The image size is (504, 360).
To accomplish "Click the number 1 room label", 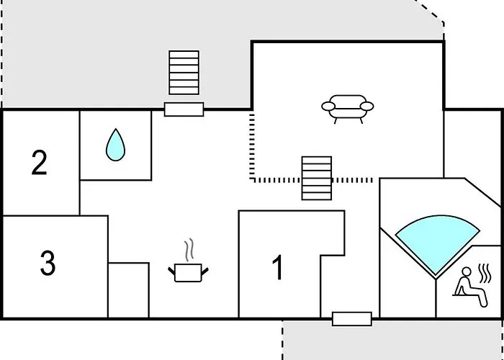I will pyautogui.click(x=277, y=268).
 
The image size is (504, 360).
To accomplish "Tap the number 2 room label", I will pyautogui.click(x=40, y=163).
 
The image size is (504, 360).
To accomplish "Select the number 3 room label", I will pyautogui.click(x=48, y=264).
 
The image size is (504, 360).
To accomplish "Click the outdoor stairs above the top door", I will pyautogui.click(x=183, y=72).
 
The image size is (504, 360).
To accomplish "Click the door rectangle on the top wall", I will pyautogui.click(x=184, y=109).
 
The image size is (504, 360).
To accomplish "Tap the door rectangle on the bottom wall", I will pyautogui.click(x=351, y=319).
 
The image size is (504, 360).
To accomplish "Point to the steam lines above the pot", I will pyautogui.click(x=189, y=250).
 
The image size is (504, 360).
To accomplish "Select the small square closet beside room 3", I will pyautogui.click(x=128, y=289).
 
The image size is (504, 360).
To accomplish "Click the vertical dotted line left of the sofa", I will pyautogui.click(x=251, y=144).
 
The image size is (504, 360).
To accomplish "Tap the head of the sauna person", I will pyautogui.click(x=465, y=272).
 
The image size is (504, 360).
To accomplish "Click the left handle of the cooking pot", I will pyautogui.click(x=171, y=270).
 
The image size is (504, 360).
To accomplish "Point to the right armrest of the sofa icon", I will pyautogui.click(x=368, y=107).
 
